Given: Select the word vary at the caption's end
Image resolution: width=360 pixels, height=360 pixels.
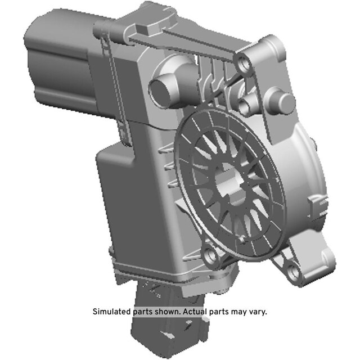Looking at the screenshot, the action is [258, 312].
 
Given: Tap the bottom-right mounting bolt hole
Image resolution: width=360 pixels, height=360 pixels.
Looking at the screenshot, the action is [293, 272].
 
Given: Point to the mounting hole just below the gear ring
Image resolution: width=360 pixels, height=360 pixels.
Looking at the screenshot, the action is [210, 255].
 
